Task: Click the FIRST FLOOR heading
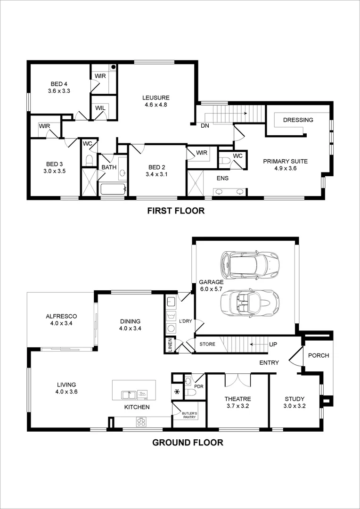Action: coord(176,211)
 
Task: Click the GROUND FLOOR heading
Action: coord(187,442)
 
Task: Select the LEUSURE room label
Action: coord(155,98)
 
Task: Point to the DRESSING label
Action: coord(298,120)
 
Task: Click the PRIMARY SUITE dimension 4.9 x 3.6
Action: coord(285,168)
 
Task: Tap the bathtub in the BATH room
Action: coord(113,189)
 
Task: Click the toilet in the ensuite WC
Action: coord(225,161)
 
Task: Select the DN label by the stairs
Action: coord(205,126)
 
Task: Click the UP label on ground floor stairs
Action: coord(273,345)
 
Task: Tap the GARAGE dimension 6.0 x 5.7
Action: coord(211,289)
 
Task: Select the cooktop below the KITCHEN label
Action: coord(141,422)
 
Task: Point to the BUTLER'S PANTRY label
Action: coord(189,415)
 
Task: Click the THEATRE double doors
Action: coord(238,379)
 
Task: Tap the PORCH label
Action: coord(319,355)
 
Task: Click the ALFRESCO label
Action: coord(61,316)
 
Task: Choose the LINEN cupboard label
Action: coord(170,345)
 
